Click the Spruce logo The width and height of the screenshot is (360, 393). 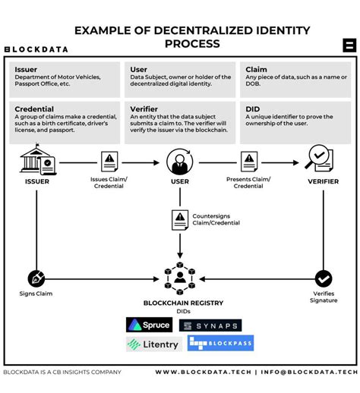(149, 325)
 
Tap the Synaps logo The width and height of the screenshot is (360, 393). (210, 325)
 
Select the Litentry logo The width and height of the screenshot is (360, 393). (153, 344)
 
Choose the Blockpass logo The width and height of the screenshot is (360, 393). (210, 344)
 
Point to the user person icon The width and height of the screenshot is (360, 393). (179, 162)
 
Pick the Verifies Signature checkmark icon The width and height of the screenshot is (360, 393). (324, 278)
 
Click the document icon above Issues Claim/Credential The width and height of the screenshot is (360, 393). (109, 161)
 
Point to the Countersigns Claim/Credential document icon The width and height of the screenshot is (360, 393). (180, 219)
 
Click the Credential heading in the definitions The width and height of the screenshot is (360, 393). (34, 109)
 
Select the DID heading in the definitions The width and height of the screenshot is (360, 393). (253, 109)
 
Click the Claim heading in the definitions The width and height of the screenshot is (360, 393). (257, 69)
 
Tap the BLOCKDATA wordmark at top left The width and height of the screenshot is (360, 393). (36, 49)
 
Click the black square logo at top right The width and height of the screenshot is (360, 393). (349, 45)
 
